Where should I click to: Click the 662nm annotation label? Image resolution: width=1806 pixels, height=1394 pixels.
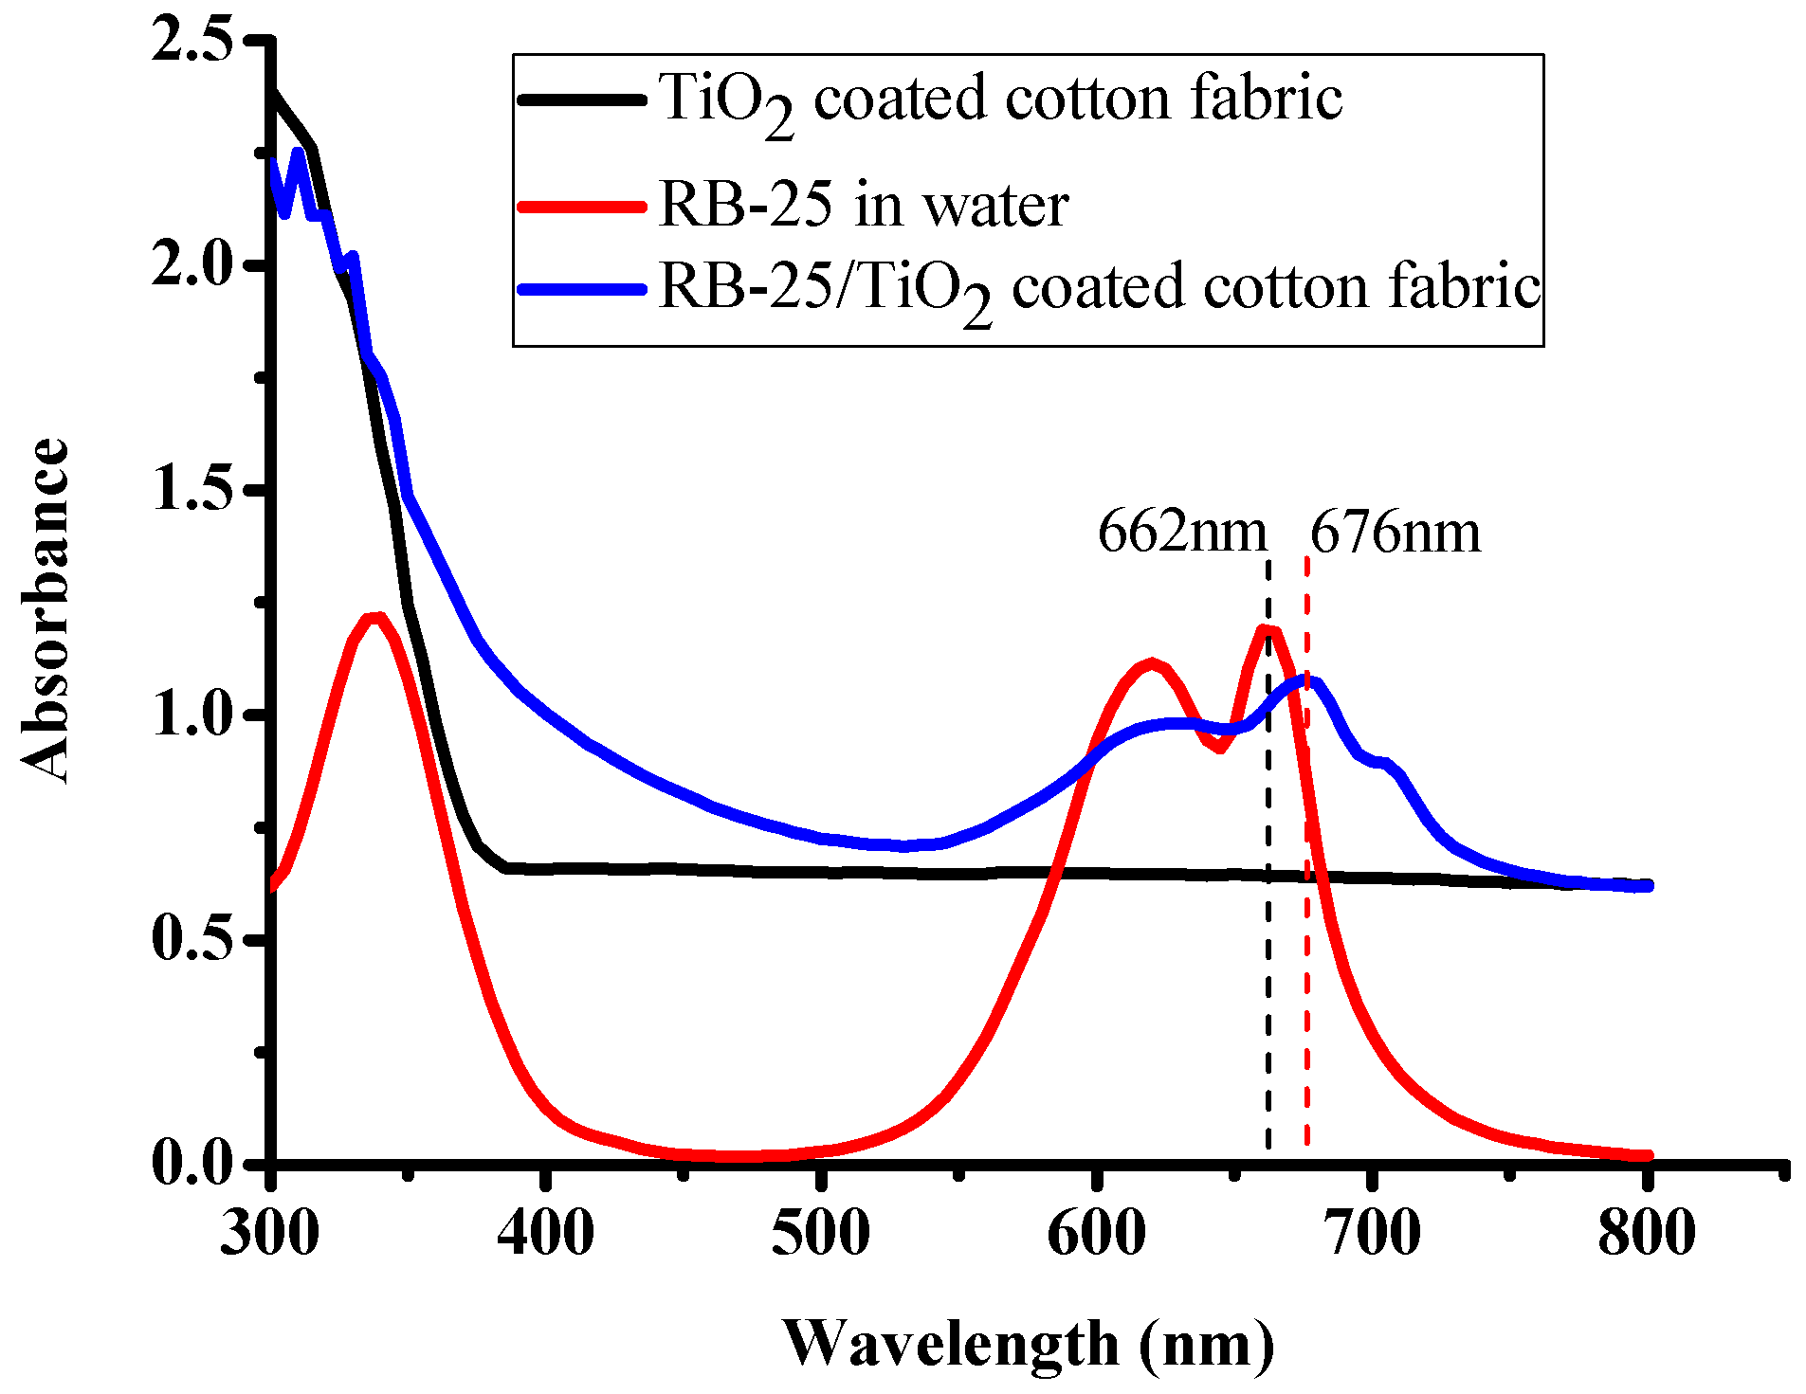1181,533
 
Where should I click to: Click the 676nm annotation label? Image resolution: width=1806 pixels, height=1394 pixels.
1395,533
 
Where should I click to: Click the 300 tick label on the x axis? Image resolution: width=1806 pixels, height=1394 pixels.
271,1234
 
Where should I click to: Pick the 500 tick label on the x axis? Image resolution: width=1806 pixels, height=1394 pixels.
820,1234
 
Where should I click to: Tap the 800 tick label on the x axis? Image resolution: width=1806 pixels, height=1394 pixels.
1646,1234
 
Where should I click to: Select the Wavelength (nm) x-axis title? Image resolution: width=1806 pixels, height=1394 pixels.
1029,1344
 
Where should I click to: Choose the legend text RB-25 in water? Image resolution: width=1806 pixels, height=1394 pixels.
863,205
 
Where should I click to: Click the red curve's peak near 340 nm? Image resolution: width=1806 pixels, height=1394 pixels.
375,619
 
